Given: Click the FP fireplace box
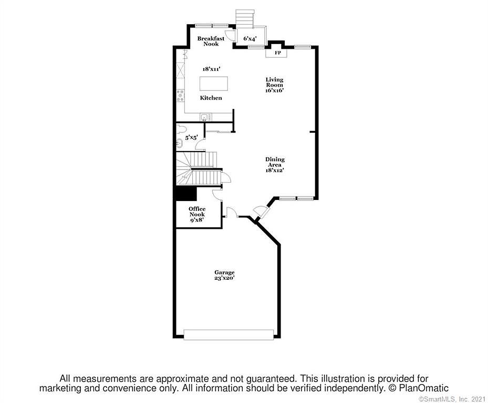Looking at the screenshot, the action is pyautogui.click(x=276, y=53).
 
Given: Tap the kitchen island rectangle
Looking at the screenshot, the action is pyautogui.click(x=213, y=83).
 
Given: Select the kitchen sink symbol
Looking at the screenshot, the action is pyautogui.click(x=204, y=117).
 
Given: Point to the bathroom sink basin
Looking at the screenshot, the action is pyautogui.click(x=180, y=144).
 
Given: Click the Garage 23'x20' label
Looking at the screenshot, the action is pyautogui.click(x=224, y=275).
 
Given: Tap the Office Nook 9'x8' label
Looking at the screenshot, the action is pyautogui.click(x=197, y=214).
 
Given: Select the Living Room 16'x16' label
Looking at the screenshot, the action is pyautogui.click(x=274, y=85).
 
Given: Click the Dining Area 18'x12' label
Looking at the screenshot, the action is pyautogui.click(x=275, y=165).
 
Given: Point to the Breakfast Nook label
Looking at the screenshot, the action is pyautogui.click(x=211, y=41).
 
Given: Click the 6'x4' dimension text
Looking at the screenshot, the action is pyautogui.click(x=250, y=38).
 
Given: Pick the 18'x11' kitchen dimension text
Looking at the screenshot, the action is pyautogui.click(x=212, y=69).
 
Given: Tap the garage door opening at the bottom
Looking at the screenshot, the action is pyautogui.click(x=229, y=334).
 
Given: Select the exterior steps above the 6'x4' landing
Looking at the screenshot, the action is pyautogui.click(x=245, y=17).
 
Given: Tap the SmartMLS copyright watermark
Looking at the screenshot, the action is pyautogui.click(x=452, y=399).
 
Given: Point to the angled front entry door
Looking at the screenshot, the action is pyautogui.click(x=261, y=211).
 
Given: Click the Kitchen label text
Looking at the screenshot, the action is pyautogui.click(x=211, y=98).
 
